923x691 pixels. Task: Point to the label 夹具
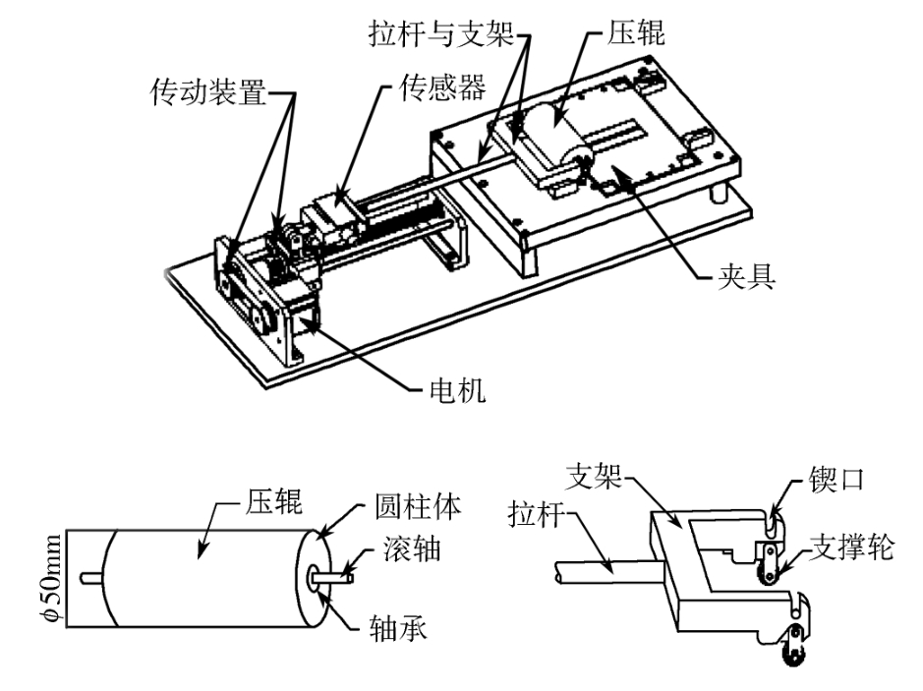point(744,277)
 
